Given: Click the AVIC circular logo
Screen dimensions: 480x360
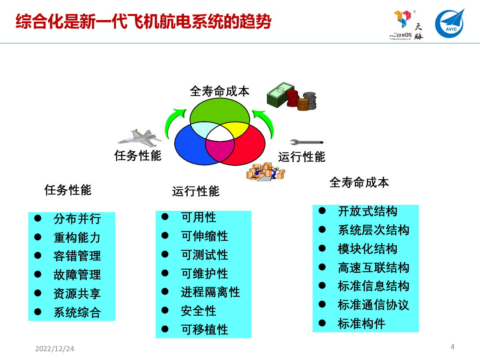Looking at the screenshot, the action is coord(450,24).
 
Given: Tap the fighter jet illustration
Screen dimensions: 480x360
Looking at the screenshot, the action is coord(140,138).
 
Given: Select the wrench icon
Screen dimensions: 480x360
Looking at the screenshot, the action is coord(306,142).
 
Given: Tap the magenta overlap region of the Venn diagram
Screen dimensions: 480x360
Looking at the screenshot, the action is coord(220,150).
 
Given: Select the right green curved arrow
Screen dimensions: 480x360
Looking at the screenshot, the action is coord(265,123).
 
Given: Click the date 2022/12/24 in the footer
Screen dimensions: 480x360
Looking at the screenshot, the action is coord(55,349).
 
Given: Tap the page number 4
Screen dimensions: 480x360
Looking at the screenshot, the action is coord(452,347).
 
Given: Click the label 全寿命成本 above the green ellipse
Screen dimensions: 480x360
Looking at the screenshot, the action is coord(220,91).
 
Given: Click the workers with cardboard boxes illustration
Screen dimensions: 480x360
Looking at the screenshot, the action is coord(266,172).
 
